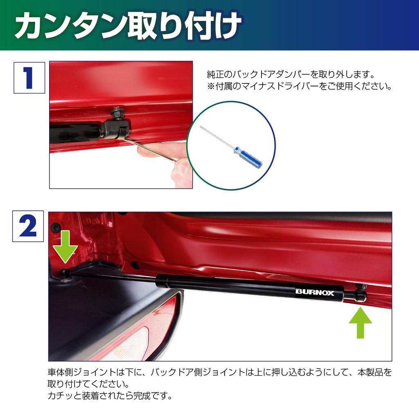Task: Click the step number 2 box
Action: pos(28,226)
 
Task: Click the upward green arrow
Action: pos(360,323)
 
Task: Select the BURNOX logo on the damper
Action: pos(315,293)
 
